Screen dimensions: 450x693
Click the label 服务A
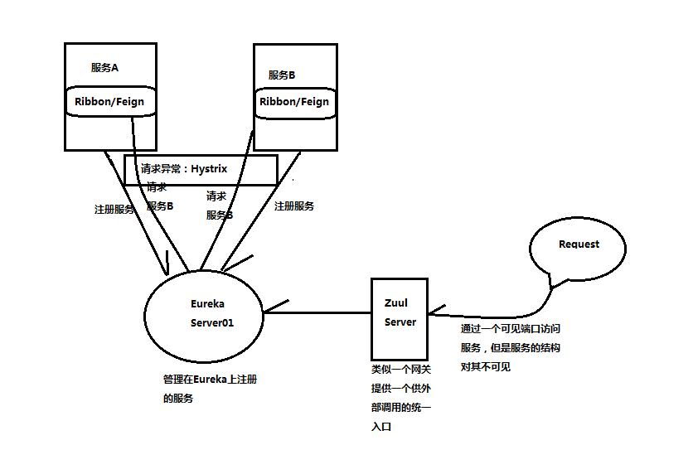click(105, 68)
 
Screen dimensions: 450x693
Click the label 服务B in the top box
click(282, 75)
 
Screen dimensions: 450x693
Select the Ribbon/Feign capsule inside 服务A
click(109, 101)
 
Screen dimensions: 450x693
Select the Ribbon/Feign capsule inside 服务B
click(294, 101)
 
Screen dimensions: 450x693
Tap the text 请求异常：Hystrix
click(184, 168)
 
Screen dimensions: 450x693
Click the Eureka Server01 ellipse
click(204, 313)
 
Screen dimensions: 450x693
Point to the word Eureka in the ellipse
click(207, 304)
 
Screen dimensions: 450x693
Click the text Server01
click(212, 323)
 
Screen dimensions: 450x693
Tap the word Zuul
click(396, 303)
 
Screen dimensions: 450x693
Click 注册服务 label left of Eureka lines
click(114, 210)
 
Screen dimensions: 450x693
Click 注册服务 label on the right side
click(294, 206)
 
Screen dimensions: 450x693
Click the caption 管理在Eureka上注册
click(210, 380)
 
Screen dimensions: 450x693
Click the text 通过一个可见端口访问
click(511, 329)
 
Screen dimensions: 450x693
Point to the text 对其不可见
click(486, 366)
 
